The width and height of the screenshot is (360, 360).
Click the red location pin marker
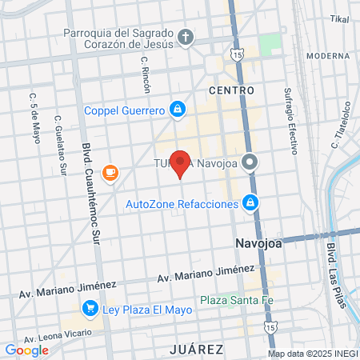click(181, 164)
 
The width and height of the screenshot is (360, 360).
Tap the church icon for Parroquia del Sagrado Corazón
click(185, 38)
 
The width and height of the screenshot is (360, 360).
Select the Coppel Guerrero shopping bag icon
click(177, 109)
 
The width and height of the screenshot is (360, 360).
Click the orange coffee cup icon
click(110, 172)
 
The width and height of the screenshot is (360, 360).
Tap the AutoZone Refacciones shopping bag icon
click(251, 203)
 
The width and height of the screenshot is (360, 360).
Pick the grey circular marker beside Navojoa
click(250, 162)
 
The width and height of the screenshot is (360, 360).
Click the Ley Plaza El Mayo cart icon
click(90, 307)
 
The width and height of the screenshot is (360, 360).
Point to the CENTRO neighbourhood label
click(231, 90)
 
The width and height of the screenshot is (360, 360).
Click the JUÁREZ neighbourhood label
click(195, 350)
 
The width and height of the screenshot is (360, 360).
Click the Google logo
click(26, 350)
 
